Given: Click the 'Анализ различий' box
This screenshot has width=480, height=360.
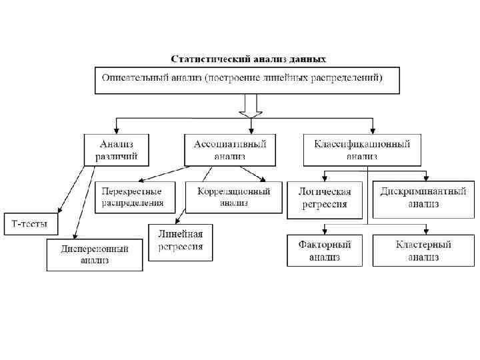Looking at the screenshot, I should (117, 150).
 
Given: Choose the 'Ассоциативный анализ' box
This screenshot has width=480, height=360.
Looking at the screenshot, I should (230, 150).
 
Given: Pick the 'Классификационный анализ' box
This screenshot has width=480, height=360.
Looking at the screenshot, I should (362, 150).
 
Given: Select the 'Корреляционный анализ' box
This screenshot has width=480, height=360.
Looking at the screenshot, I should (233, 197).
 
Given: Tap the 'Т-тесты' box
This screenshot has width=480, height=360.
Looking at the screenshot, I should (31, 223).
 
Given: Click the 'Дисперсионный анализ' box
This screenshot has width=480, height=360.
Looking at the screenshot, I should (95, 255).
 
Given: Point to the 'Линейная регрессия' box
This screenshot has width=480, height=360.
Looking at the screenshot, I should (181, 241).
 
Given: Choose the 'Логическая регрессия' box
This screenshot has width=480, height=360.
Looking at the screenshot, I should (325, 198).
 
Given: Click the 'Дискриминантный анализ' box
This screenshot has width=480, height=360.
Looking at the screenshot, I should (423, 198).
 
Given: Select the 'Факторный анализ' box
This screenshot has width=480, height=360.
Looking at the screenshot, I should (325, 251).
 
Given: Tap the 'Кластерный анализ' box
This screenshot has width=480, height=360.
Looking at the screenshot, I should (423, 251).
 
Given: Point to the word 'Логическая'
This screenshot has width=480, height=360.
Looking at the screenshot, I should (325, 192).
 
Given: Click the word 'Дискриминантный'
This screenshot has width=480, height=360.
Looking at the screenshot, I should (423, 192).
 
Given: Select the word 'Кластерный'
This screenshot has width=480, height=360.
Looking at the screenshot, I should (423, 245).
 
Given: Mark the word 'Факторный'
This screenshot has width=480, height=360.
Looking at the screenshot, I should (325, 245).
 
